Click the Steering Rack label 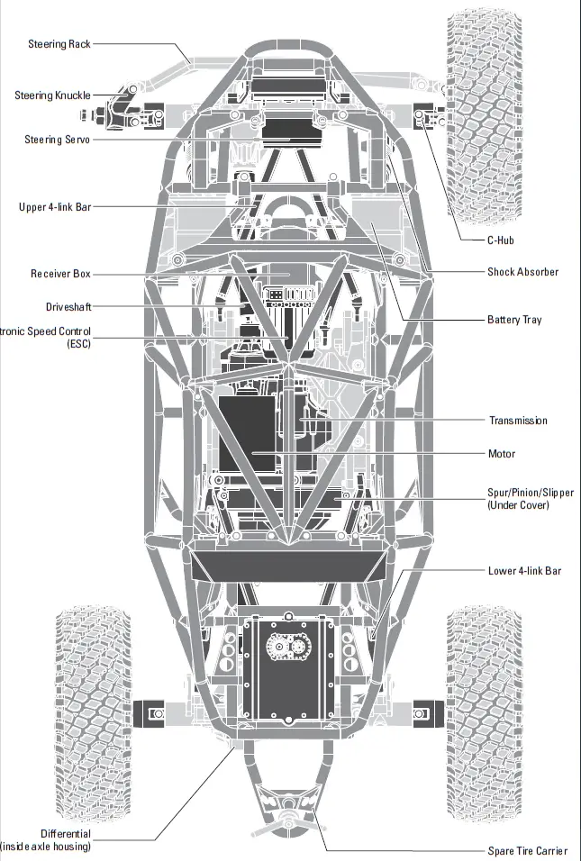[x=59, y=43]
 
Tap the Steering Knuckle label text [x=52, y=95]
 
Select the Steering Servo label [x=57, y=140]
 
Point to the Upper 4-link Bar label [x=55, y=206]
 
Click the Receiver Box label [x=60, y=273]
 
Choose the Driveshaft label [x=68, y=307]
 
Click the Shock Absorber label [x=522, y=272]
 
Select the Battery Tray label [x=514, y=320]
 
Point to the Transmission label [x=518, y=421]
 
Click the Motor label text [x=502, y=454]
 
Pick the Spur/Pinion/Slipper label [x=530, y=493]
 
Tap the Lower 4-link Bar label [x=524, y=571]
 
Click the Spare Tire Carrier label [x=528, y=850]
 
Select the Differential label [x=66, y=833]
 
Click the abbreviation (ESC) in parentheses [x=77, y=343]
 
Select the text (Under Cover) [x=518, y=505]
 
